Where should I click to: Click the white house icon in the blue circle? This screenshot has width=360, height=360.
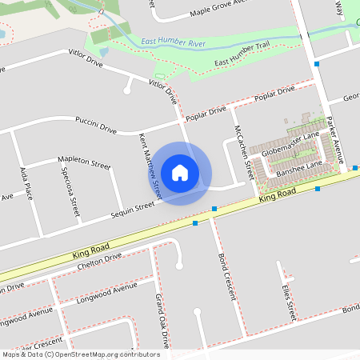(180, 171)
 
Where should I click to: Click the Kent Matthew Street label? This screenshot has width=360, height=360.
(150, 165)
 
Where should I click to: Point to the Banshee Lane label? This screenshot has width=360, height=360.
(295, 167)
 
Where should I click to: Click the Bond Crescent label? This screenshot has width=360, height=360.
(227, 276)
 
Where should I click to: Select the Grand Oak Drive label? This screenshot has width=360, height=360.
(162, 321)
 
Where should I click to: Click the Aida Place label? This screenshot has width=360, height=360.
(26, 185)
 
